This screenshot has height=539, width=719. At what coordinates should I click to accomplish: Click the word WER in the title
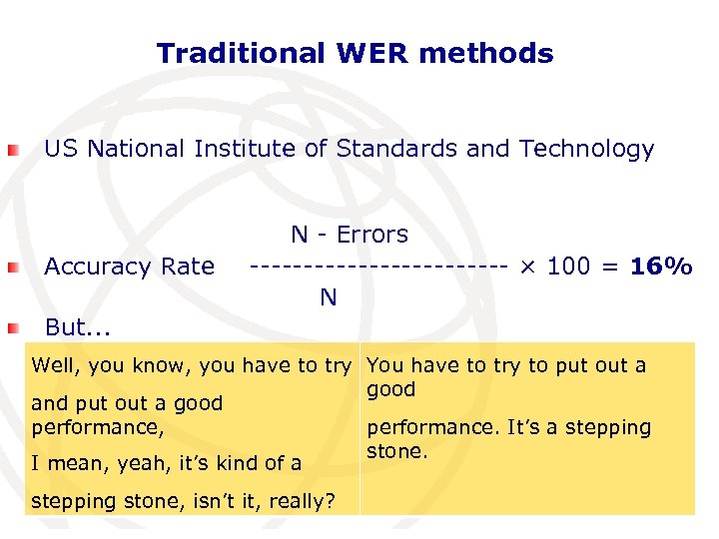point(374,53)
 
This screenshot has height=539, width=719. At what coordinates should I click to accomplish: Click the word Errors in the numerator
point(372,235)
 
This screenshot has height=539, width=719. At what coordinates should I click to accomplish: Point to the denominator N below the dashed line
point(328,297)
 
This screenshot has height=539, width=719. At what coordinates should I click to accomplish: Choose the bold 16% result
point(661,267)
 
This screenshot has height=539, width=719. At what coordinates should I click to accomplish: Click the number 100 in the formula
point(569,267)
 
